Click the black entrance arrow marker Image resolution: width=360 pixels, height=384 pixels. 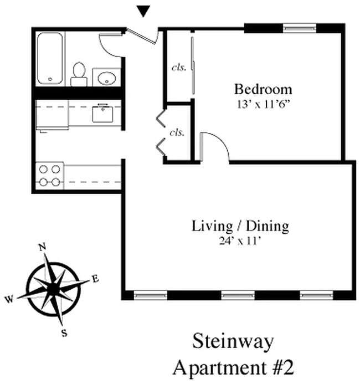(x=143, y=11)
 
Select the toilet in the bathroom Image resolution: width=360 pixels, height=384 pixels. (x=79, y=75)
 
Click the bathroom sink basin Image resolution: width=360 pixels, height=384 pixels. (x=106, y=78)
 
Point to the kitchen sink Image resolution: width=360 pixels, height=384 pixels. (x=103, y=113)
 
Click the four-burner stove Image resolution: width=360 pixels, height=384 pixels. (x=50, y=175)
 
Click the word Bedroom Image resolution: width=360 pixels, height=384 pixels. (x=263, y=89)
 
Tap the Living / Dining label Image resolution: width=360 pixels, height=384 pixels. (x=240, y=226)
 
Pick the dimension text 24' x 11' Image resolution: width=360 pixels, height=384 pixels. (x=240, y=240)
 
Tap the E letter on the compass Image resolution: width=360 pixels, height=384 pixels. (x=95, y=279)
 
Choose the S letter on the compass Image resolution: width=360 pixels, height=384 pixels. (x=65, y=332)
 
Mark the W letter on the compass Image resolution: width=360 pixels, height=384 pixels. (x=9, y=300)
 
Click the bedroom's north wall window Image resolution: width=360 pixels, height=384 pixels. (x=300, y=27)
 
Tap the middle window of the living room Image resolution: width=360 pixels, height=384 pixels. (x=238, y=295)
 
